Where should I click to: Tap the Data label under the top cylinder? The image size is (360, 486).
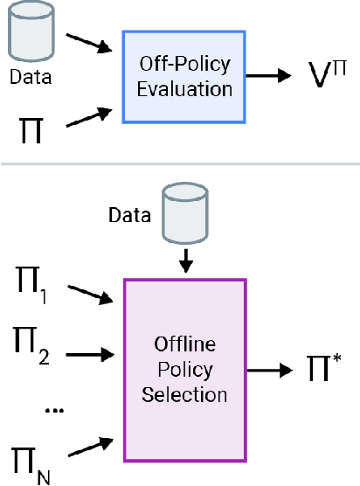point(31,77)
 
